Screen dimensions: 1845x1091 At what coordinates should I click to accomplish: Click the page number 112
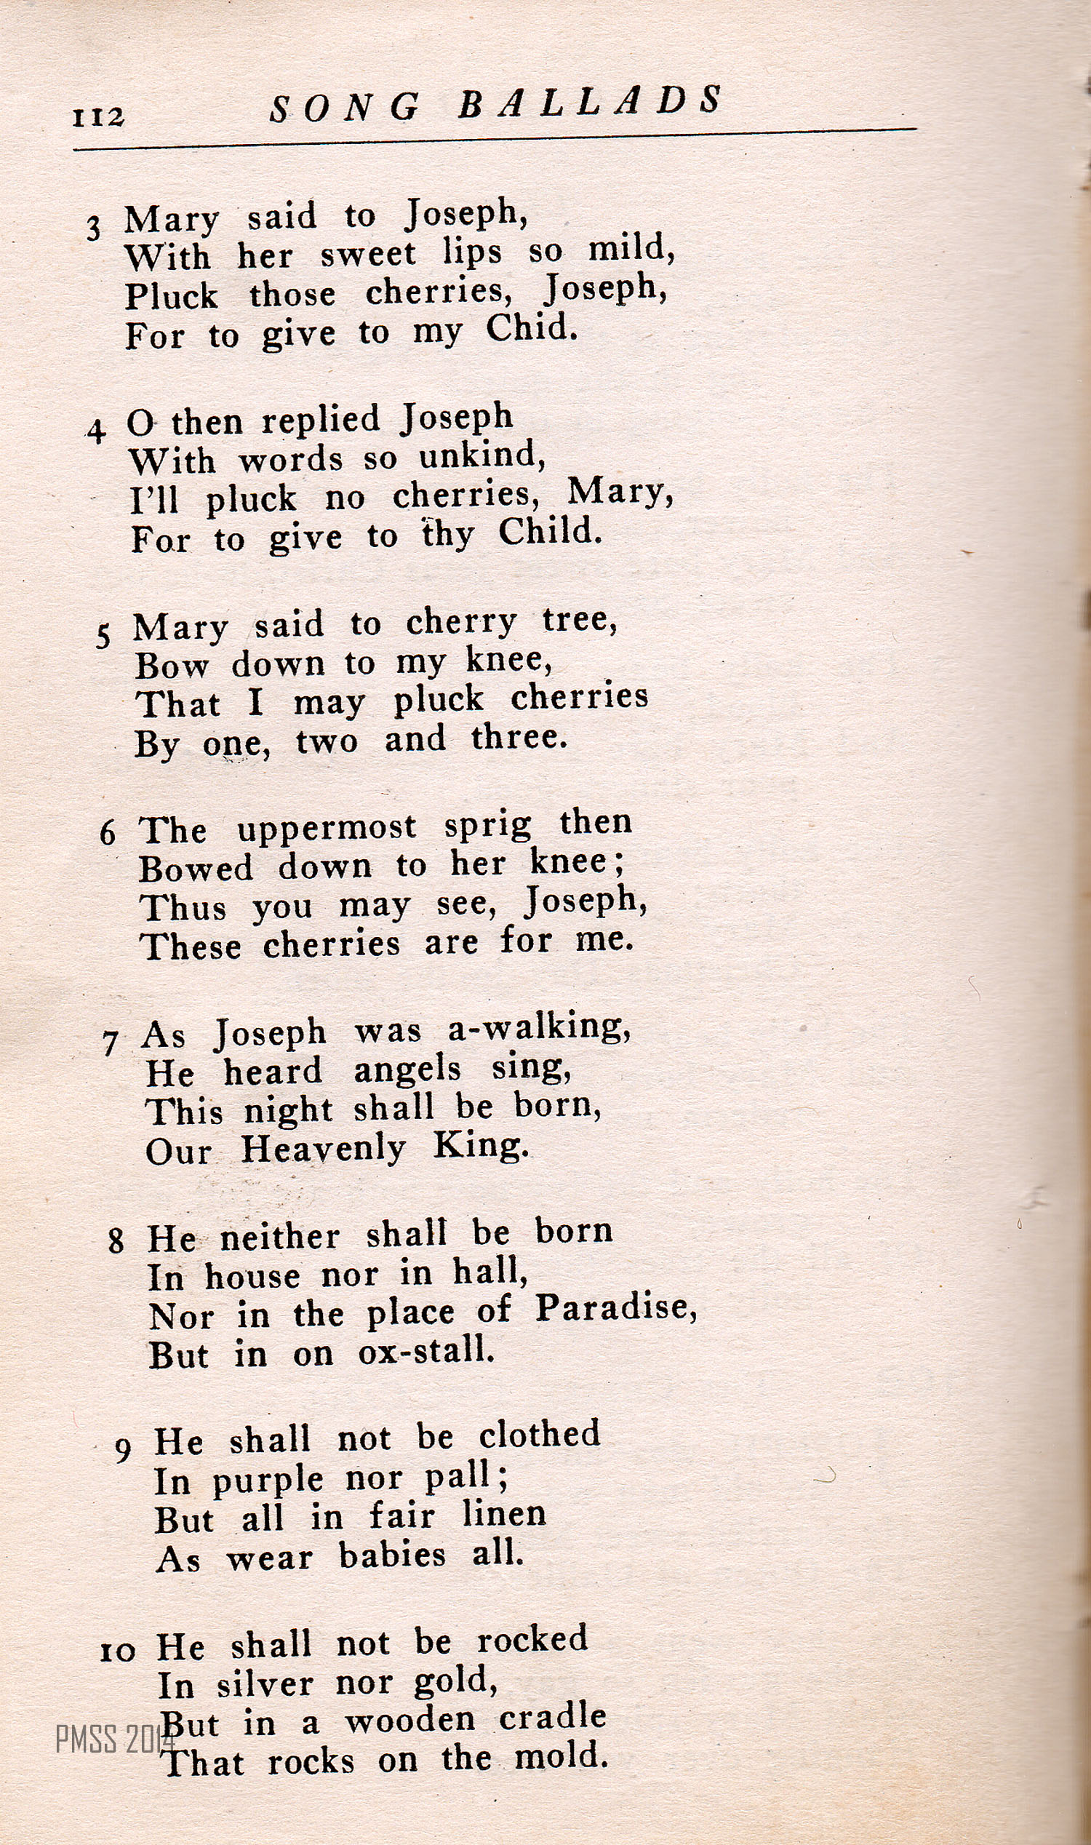[x=98, y=117]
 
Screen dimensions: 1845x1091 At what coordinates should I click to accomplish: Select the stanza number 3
[x=93, y=228]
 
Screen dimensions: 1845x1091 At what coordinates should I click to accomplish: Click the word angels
[x=407, y=1070]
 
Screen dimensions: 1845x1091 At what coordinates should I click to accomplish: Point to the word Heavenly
[x=324, y=1149]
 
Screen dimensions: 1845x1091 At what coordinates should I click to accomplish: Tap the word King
[x=479, y=1146]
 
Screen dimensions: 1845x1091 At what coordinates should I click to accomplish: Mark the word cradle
[x=552, y=1716]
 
